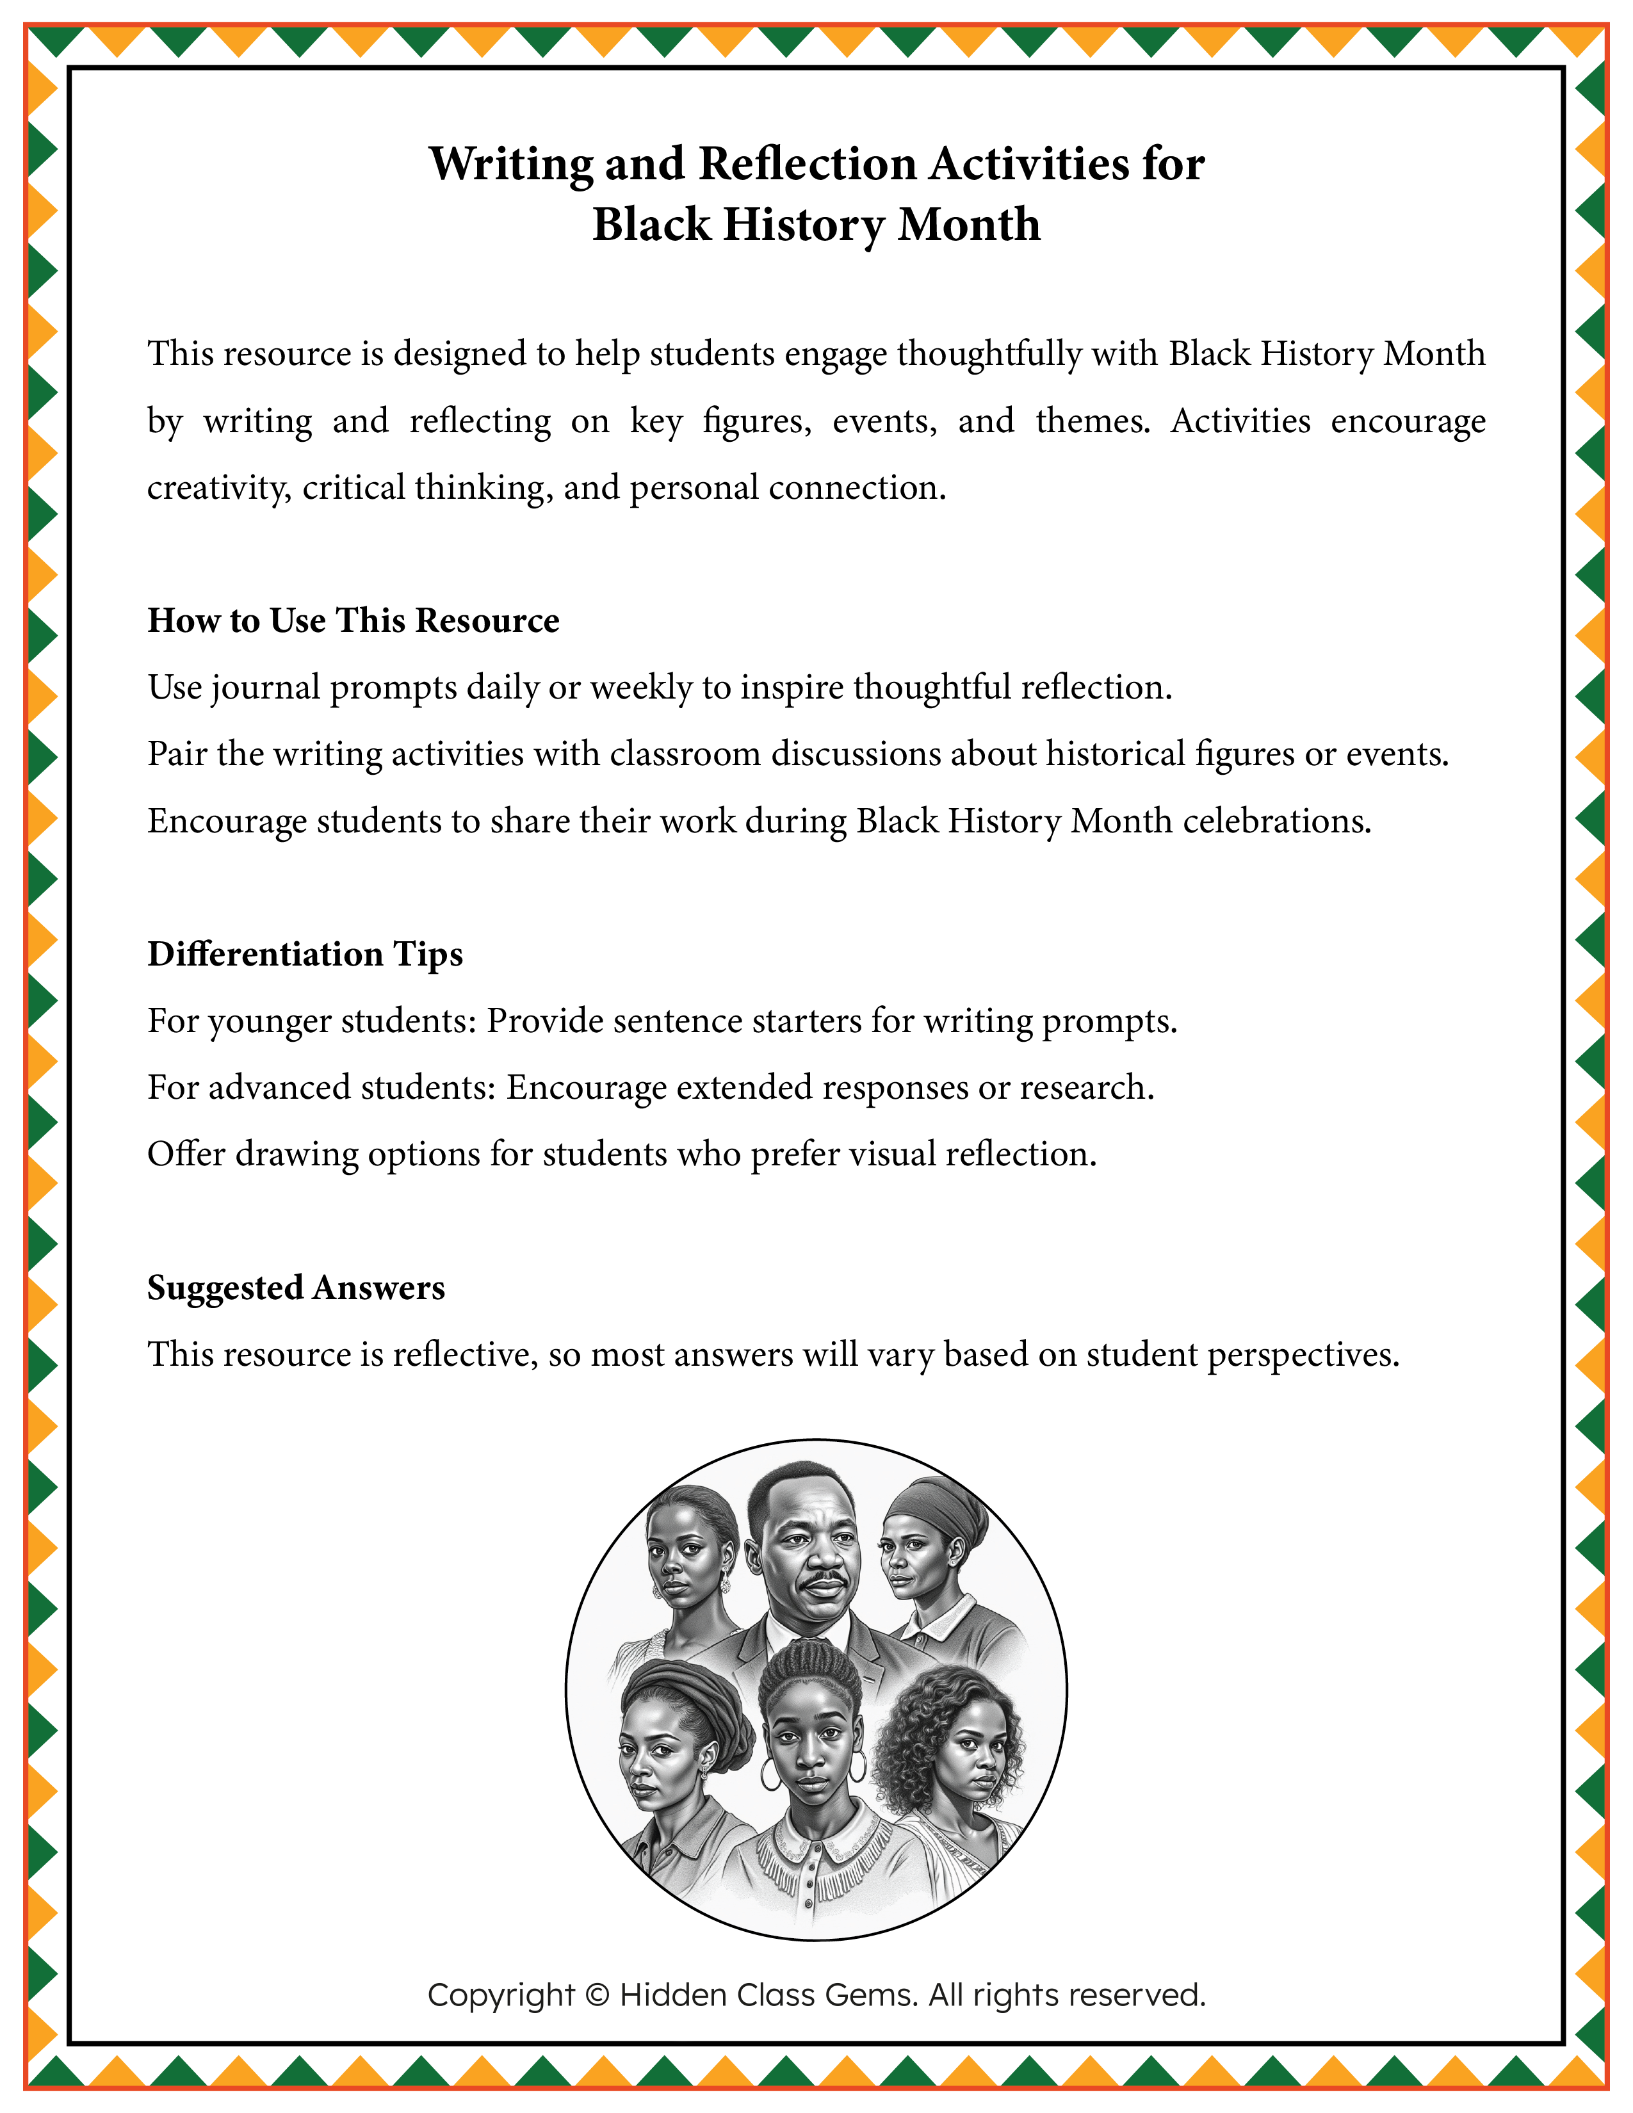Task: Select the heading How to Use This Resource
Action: [353, 620]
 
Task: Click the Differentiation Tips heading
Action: [305, 954]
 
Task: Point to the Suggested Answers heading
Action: [296, 1288]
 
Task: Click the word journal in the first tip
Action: [265, 688]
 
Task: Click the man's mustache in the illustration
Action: [824, 1581]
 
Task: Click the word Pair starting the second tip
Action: [177, 755]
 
